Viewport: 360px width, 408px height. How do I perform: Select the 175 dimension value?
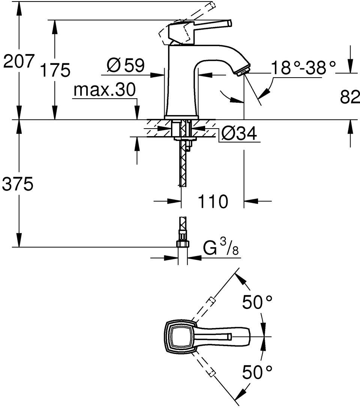(x=55, y=70)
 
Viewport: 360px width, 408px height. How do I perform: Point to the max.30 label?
(x=105, y=89)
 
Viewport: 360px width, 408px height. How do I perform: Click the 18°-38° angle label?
(x=303, y=67)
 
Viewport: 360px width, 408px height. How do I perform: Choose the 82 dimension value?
(x=349, y=97)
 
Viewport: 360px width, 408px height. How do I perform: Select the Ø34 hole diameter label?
(x=239, y=133)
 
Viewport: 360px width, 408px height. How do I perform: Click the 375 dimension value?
(x=17, y=184)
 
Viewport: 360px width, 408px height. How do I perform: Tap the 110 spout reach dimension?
(x=213, y=201)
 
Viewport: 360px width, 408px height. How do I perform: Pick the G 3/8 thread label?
(x=220, y=247)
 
